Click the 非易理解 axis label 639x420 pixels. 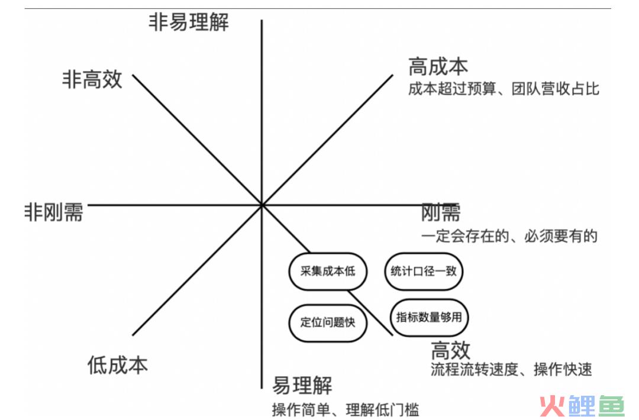pos(189,22)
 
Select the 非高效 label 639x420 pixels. pos(92,79)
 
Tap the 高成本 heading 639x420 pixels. pos(438,67)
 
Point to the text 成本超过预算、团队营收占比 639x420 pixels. pos(504,89)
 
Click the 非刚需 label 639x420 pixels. pos(54,212)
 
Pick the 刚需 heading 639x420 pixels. pos(441,212)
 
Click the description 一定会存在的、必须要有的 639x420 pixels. pos(509,236)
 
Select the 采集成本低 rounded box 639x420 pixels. pos(328,272)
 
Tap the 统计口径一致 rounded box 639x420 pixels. pos(424,272)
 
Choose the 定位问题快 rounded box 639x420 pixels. pos(328,322)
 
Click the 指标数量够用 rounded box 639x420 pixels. pos(429,317)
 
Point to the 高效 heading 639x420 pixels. pos(450,350)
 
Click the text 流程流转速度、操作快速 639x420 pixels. pos(511,370)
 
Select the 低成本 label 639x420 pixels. pos(117,364)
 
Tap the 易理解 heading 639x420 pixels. pos(302,385)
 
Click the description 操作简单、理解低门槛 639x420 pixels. pos(345,410)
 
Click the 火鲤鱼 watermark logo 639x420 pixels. pos(582,406)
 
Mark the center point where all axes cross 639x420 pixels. pos(262,205)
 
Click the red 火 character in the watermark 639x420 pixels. pos(553,406)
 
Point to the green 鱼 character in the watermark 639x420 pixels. pos(611,406)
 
